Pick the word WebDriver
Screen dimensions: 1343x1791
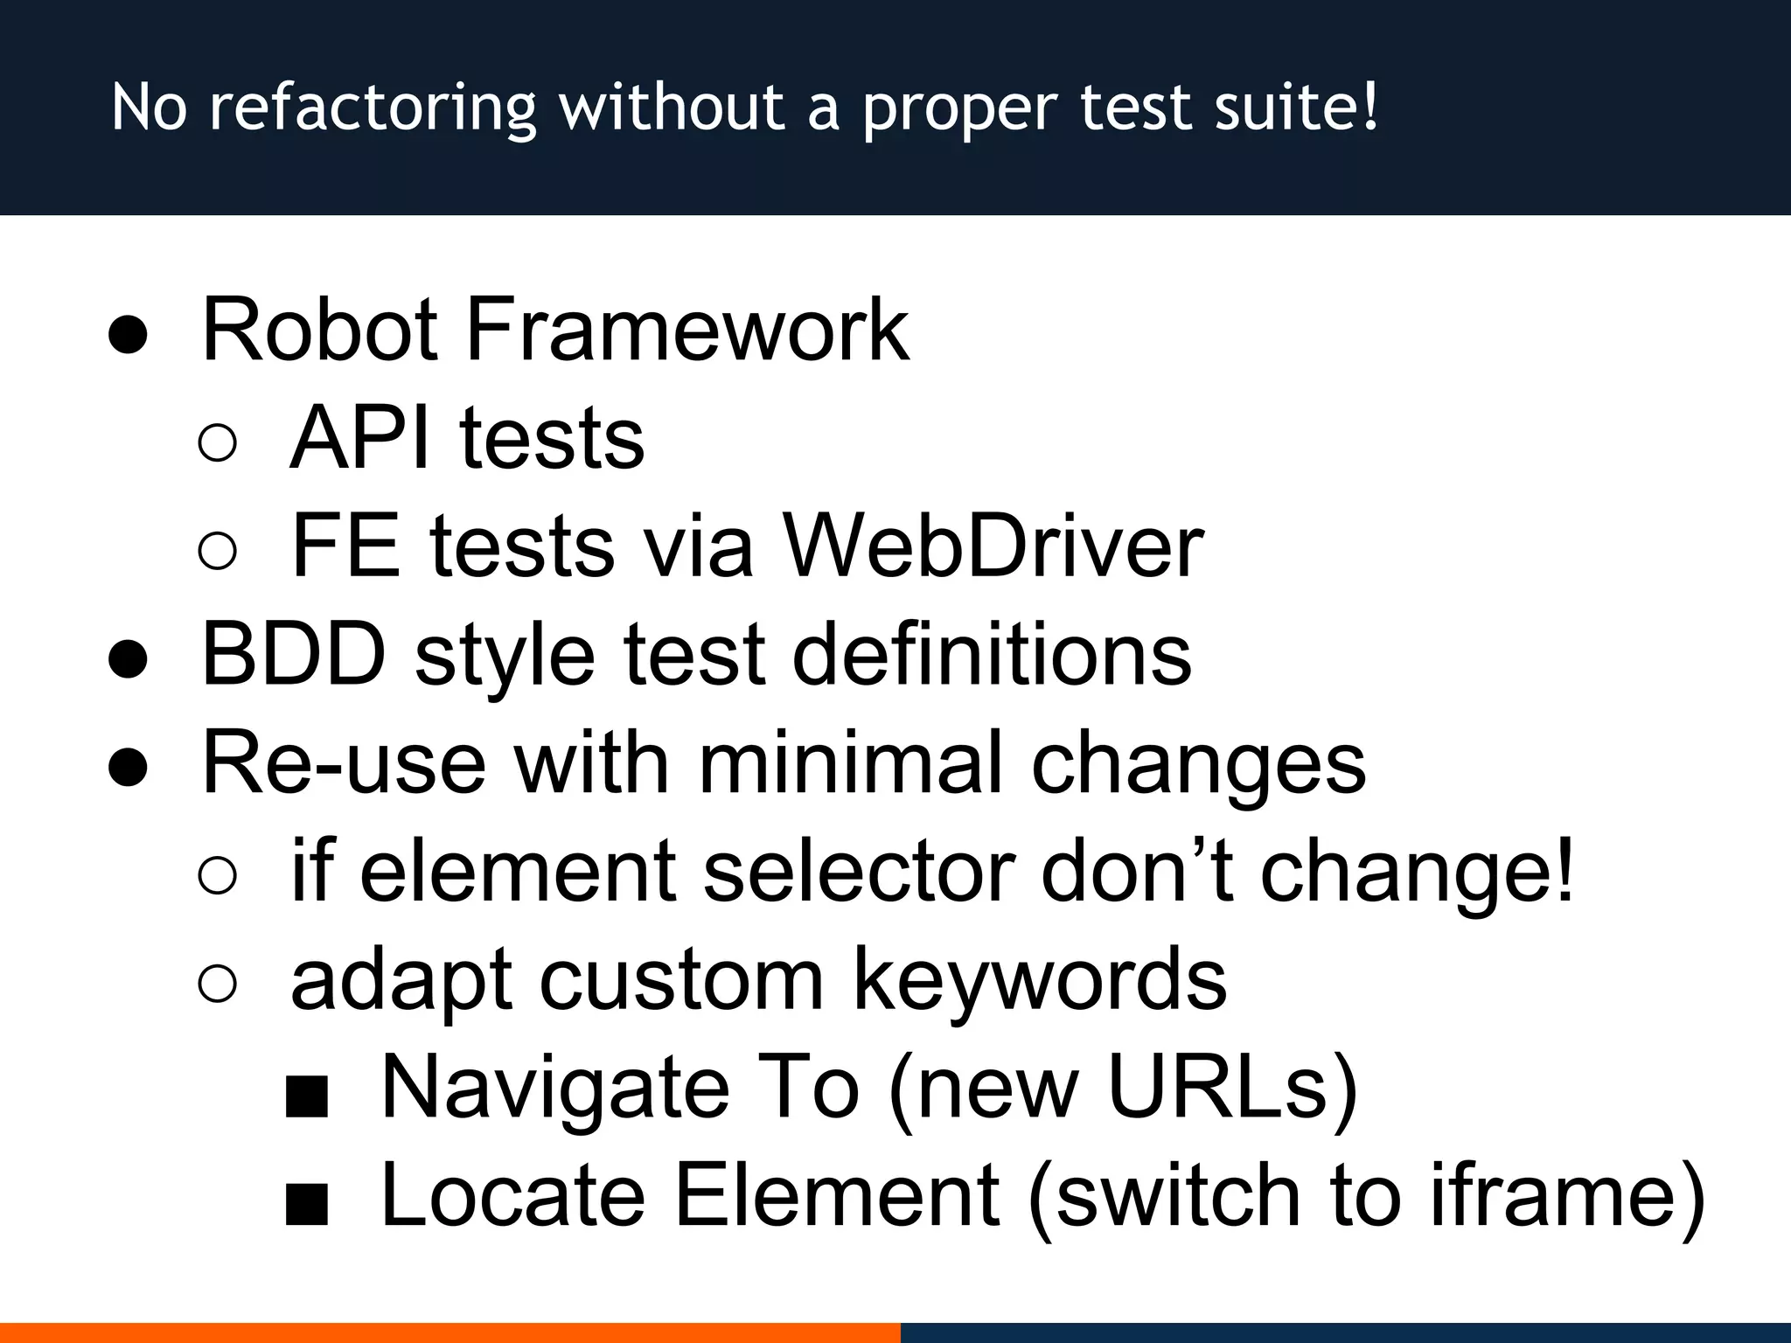(993, 546)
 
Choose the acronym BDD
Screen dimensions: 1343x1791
(294, 655)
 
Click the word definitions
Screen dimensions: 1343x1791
(992, 655)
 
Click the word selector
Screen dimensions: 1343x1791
(859, 872)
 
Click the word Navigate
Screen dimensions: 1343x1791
(555, 1089)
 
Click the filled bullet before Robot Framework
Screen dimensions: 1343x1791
(128, 333)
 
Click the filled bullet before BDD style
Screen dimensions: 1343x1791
(128, 658)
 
